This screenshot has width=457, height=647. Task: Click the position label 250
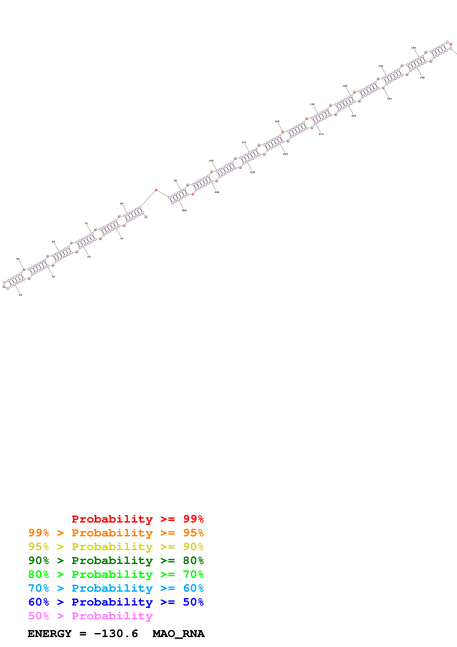(184, 210)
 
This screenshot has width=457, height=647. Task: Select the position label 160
(413, 48)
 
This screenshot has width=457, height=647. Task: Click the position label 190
(389, 99)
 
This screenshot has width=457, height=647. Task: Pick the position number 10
(122, 238)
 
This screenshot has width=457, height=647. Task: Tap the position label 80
(122, 204)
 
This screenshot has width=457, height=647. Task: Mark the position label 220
(285, 154)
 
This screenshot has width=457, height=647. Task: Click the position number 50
(18, 259)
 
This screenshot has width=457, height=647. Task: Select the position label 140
(345, 86)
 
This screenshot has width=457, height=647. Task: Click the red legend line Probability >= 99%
(137, 519)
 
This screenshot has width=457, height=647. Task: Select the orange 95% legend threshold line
(116, 533)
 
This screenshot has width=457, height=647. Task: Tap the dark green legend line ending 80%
(116, 560)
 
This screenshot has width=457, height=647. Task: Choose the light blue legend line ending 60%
(116, 588)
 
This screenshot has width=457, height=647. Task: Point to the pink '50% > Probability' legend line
(90, 616)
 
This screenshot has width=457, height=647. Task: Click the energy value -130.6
(116, 634)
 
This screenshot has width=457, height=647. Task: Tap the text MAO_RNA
(178, 634)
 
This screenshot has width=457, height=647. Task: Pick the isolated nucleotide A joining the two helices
(156, 190)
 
